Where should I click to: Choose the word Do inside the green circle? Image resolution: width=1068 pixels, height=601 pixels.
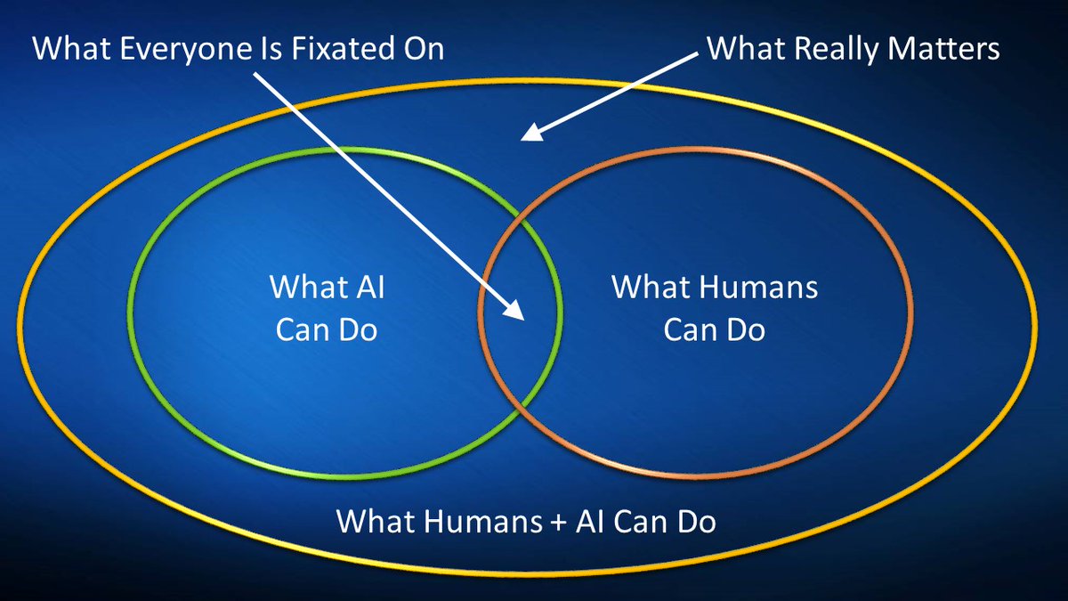coord(359,330)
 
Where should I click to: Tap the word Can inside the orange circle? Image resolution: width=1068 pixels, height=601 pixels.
coord(690,330)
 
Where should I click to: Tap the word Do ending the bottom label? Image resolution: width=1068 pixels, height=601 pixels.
coord(697,521)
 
